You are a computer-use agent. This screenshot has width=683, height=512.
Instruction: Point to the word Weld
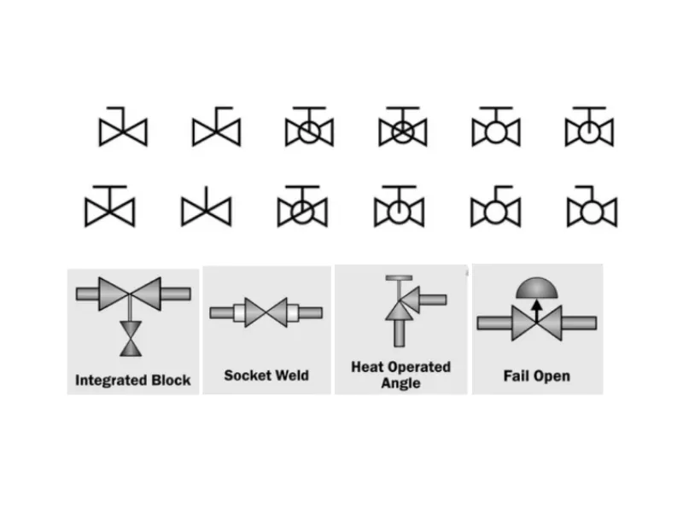[292, 375]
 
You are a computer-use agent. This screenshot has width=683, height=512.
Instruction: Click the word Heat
[367, 367]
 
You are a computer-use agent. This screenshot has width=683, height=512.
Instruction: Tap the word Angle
[400, 383]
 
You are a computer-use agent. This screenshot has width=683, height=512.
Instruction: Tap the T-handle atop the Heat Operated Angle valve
[399, 279]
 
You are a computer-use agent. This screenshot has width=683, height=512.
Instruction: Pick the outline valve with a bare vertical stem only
[206, 210]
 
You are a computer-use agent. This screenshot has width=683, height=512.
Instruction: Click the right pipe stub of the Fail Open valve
[578, 324]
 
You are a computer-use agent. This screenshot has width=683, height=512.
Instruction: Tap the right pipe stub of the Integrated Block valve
[175, 294]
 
